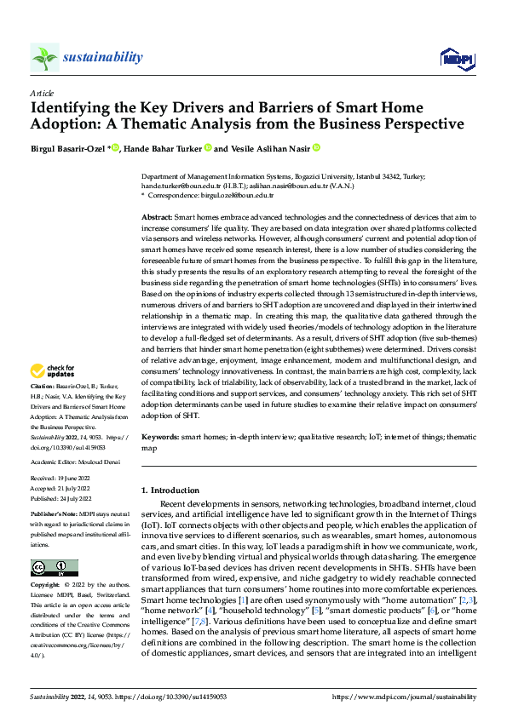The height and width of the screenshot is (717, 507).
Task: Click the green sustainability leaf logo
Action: click(x=44, y=57)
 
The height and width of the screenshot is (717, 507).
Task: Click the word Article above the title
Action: click(x=42, y=93)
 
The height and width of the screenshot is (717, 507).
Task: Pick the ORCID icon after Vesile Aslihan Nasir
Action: click(x=315, y=148)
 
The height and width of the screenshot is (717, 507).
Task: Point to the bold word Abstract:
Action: click(x=157, y=219)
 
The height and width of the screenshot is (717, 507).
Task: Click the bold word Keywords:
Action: click(x=159, y=436)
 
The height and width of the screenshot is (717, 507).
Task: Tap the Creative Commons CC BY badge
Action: click(x=55, y=568)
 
